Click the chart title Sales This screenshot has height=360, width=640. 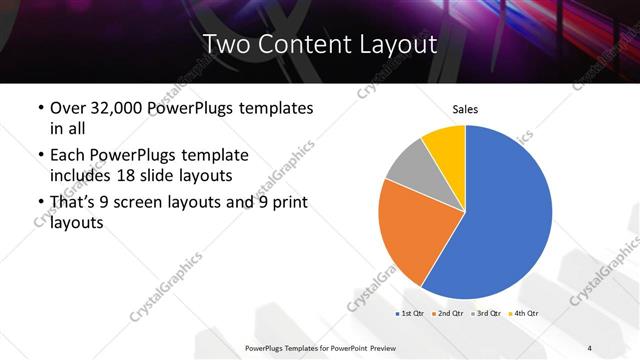[x=466, y=108]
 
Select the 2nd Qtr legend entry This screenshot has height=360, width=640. [x=446, y=314]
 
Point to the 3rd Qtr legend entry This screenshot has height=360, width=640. [x=485, y=314]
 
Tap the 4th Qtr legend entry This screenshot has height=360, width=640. [x=523, y=314]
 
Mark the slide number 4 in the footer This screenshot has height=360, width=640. [x=590, y=347]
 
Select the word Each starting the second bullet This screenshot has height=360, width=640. [x=68, y=155]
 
